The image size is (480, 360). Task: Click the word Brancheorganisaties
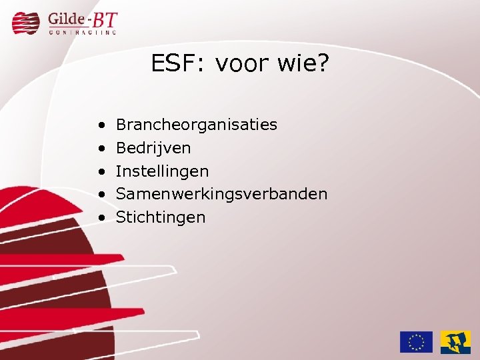pyautogui.click(x=196, y=125)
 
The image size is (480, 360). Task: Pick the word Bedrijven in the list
pyautogui.click(x=153, y=147)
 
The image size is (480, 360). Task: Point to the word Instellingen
pyautogui.click(x=162, y=171)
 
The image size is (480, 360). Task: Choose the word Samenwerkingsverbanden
pyautogui.click(x=221, y=194)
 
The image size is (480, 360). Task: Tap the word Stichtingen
pyautogui.click(x=161, y=217)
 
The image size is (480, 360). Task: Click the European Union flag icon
pyautogui.click(x=416, y=341)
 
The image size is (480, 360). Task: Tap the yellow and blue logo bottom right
pyautogui.click(x=455, y=341)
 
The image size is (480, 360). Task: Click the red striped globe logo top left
pyautogui.click(x=27, y=22)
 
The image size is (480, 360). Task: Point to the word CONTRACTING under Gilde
pyautogui.click(x=83, y=31)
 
